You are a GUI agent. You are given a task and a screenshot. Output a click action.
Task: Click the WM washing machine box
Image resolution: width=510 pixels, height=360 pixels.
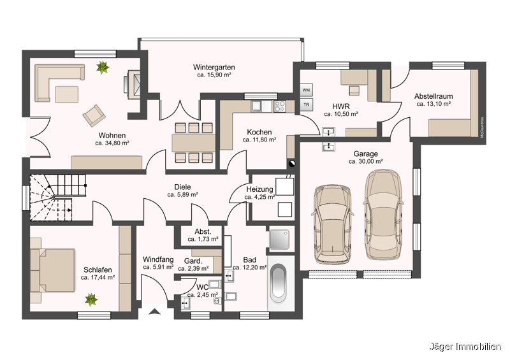click(306, 90)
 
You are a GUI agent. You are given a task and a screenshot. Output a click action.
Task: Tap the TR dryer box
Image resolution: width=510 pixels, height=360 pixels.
click(306, 104)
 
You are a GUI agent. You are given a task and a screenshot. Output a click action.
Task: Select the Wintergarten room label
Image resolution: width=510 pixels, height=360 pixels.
click(214, 68)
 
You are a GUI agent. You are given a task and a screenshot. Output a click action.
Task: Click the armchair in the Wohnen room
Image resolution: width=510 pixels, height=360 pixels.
click(94, 115)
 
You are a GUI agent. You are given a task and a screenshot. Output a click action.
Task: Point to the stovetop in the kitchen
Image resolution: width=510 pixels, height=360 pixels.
click(280, 106)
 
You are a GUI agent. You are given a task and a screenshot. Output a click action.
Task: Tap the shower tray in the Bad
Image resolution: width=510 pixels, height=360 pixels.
click(279, 240)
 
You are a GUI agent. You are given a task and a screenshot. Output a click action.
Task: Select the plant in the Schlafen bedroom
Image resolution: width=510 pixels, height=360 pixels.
click(91, 300)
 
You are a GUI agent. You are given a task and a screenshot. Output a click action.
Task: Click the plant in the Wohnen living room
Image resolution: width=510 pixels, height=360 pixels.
click(103, 68)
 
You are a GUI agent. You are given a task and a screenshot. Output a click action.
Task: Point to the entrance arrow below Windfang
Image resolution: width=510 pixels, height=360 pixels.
click(155, 312)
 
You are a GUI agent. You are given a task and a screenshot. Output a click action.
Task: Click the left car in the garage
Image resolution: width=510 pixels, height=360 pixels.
click(332, 225)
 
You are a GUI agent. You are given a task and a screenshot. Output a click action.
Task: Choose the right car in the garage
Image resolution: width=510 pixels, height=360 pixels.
click(384, 215)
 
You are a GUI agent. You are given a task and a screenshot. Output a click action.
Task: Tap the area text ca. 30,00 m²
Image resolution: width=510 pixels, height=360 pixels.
click(365, 161)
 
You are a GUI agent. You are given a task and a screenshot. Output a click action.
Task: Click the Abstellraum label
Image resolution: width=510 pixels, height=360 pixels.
click(433, 96)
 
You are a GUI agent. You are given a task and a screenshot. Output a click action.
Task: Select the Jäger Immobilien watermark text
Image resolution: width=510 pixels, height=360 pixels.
click(465, 347)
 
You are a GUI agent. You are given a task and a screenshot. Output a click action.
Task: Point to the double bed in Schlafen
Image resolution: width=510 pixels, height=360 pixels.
click(53, 271)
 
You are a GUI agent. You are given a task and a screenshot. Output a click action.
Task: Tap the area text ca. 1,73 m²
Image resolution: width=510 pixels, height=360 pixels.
click(203, 239)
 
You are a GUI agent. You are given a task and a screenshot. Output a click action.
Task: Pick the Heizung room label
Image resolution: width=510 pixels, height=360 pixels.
click(259, 189)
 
